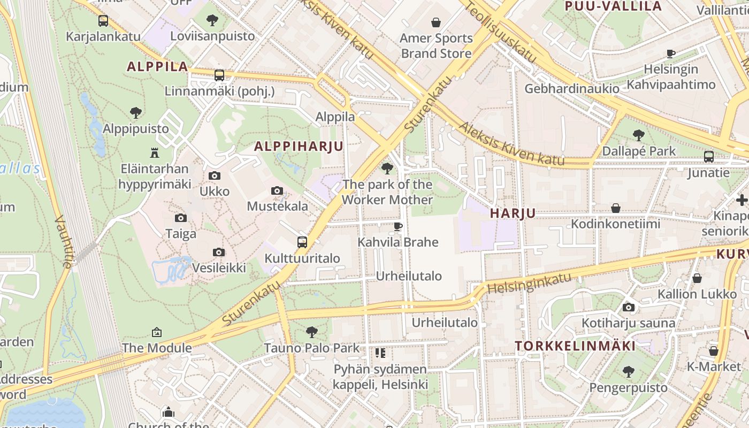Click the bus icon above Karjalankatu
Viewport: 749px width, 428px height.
103,21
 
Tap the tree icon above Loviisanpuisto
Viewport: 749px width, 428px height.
212,21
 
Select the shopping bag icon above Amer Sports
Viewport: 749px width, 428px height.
436,22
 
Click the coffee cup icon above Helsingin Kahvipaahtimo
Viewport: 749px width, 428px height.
670,53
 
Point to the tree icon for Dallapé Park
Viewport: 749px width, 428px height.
638,135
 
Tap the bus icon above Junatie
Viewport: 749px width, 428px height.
709,157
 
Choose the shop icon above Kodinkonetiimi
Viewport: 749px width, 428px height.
616,208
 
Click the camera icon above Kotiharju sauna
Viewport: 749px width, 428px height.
629,307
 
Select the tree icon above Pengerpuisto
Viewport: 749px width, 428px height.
629,371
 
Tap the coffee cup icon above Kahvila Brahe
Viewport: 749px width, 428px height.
398,226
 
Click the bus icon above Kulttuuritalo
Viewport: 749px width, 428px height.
302,242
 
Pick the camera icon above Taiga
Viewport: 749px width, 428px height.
181,218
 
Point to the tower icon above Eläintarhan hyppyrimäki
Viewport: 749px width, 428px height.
155,153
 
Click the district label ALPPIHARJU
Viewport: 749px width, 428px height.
299,146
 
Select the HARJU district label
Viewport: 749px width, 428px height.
513,213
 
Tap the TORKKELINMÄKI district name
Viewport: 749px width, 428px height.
575,346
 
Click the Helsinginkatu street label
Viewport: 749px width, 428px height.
529,282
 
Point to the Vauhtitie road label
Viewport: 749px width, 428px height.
63,241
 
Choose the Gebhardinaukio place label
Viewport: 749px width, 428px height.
572,88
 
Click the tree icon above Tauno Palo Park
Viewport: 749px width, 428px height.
312,332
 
